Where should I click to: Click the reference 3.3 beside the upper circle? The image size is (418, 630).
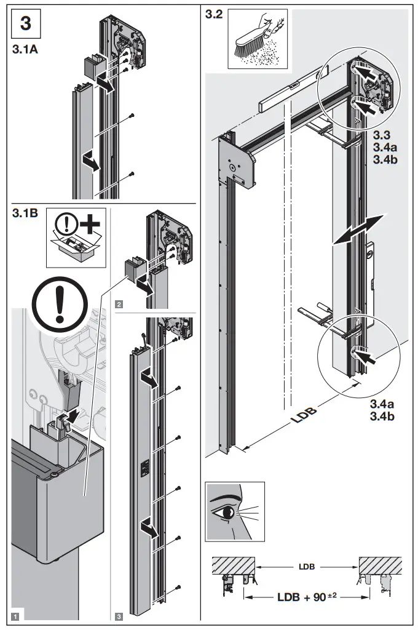pos(381,134)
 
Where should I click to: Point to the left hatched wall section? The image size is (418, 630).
pos(234,565)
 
